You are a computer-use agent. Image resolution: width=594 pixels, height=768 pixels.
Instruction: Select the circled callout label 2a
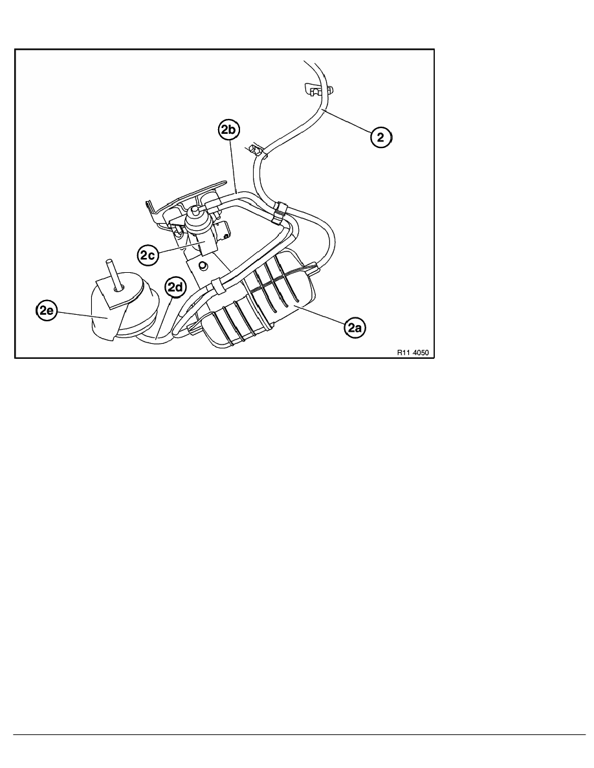355,328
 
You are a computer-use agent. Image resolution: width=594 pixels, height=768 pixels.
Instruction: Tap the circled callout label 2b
228,131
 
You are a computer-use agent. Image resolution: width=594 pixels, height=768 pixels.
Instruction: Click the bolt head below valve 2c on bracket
203,266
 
